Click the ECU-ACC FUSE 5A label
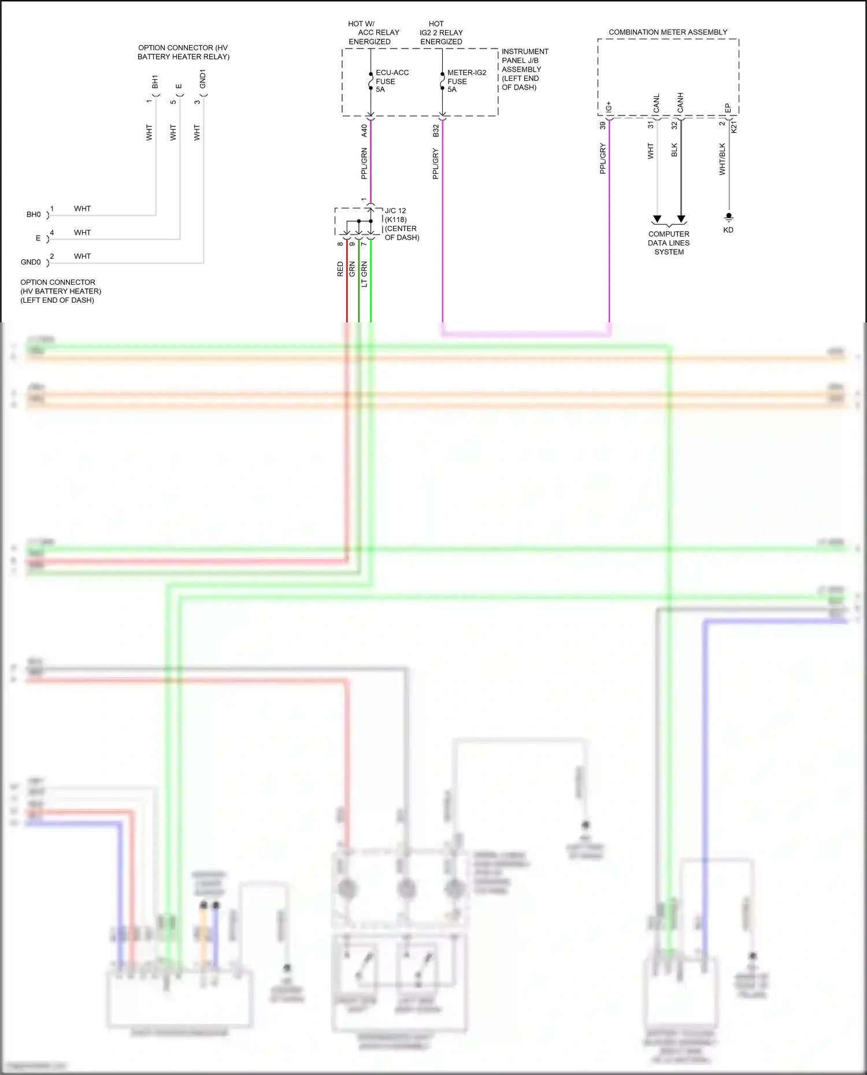(x=391, y=81)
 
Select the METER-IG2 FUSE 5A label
(x=466, y=81)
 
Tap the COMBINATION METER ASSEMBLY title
(x=668, y=32)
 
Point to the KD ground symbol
(x=729, y=217)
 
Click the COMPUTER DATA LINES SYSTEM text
(x=669, y=243)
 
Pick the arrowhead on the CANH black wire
(x=681, y=219)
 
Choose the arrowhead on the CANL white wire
(x=657, y=219)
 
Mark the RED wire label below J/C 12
(x=340, y=269)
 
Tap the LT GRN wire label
(x=364, y=274)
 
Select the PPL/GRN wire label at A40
(x=364, y=163)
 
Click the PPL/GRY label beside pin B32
(x=436, y=163)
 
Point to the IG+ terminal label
(x=609, y=107)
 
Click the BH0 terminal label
(x=34, y=215)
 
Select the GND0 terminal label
(x=31, y=262)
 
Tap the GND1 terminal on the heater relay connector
(x=202, y=79)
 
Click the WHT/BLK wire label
(x=722, y=159)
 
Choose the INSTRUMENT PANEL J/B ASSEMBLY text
(x=524, y=69)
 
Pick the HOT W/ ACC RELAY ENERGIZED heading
(x=373, y=33)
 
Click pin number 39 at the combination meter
(x=602, y=125)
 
